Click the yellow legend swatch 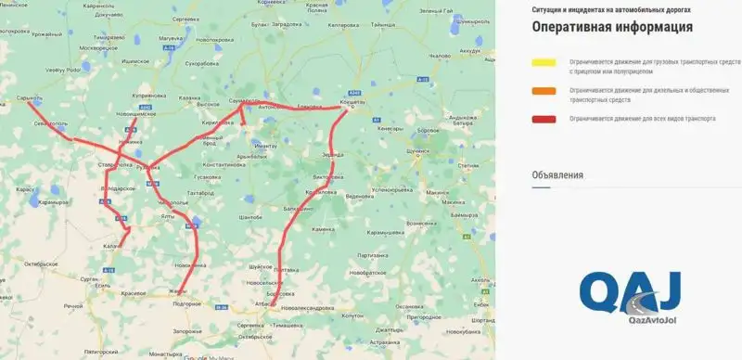point(544,62)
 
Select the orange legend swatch point(544,91)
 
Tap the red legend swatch point(544,120)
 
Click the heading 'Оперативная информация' point(612,27)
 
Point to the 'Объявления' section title point(557,174)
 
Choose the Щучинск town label point(421,148)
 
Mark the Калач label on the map point(109,246)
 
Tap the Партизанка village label point(371,254)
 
